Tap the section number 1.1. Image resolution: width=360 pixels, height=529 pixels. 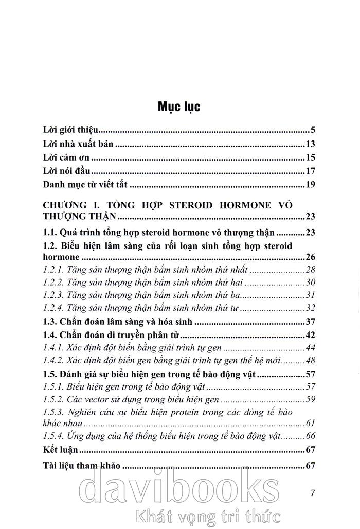click(49, 232)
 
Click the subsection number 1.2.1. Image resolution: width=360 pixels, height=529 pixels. click(52, 270)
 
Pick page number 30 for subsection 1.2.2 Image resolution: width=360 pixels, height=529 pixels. click(310, 283)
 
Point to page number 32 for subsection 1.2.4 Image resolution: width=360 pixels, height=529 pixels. click(310, 309)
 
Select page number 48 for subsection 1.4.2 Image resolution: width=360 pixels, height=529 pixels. click(310, 361)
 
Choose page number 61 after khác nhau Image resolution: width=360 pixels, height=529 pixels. click(310, 424)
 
